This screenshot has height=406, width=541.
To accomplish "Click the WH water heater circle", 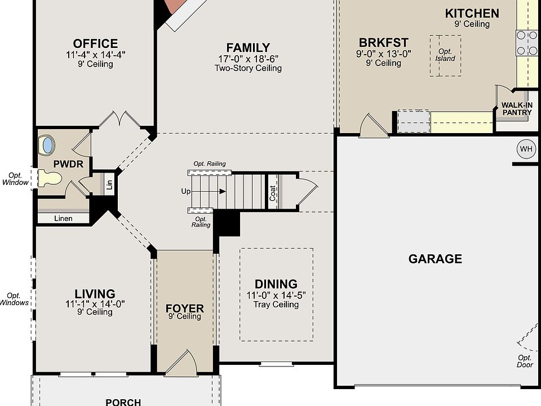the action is pyautogui.click(x=526, y=149).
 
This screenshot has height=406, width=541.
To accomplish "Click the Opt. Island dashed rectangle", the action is pyautogui.click(x=445, y=55).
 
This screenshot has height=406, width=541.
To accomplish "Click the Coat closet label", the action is pyautogui.click(x=272, y=193).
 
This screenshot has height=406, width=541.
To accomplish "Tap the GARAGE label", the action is pyautogui.click(x=435, y=259).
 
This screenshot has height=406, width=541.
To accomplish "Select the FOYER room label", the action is pyautogui.click(x=185, y=308).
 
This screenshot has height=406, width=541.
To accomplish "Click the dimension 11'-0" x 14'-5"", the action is pyautogui.click(x=276, y=295).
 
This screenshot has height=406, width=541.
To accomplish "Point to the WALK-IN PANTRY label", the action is pyautogui.click(x=517, y=109).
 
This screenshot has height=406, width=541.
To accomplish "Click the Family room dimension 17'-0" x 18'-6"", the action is pyautogui.click(x=249, y=59).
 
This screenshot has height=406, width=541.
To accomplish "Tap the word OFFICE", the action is pyautogui.click(x=95, y=43).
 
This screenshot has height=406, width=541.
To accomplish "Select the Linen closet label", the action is pyautogui.click(x=63, y=219).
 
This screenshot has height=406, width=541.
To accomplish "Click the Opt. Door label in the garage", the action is pyautogui.click(x=525, y=361).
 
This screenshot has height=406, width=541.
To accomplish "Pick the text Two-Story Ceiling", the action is pyautogui.click(x=248, y=68).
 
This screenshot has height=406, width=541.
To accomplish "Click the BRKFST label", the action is pyautogui.click(x=383, y=42).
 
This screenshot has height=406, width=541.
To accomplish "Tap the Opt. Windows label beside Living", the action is pyautogui.click(x=14, y=299).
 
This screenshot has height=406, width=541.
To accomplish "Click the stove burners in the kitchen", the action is pyautogui.click(x=527, y=43).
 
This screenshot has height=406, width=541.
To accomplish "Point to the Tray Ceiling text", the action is pyautogui.click(x=276, y=304).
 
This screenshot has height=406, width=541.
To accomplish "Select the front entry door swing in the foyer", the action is pyautogui.click(x=182, y=363).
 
